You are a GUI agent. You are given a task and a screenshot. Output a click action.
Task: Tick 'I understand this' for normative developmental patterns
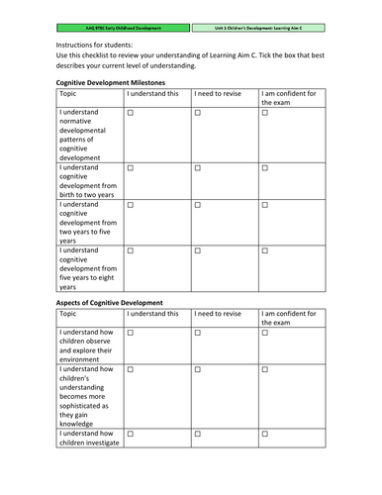(130, 115)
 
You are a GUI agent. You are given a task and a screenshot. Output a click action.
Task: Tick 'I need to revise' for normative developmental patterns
(197, 115)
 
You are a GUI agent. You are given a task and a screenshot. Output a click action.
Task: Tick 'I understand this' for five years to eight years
(130, 250)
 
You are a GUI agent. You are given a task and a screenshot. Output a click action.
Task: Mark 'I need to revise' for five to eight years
(197, 250)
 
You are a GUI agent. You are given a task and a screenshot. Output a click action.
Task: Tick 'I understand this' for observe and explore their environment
(130, 334)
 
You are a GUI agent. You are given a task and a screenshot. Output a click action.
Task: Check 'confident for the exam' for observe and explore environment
(264, 334)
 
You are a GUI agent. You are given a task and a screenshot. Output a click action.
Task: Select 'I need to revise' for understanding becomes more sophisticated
(197, 369)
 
